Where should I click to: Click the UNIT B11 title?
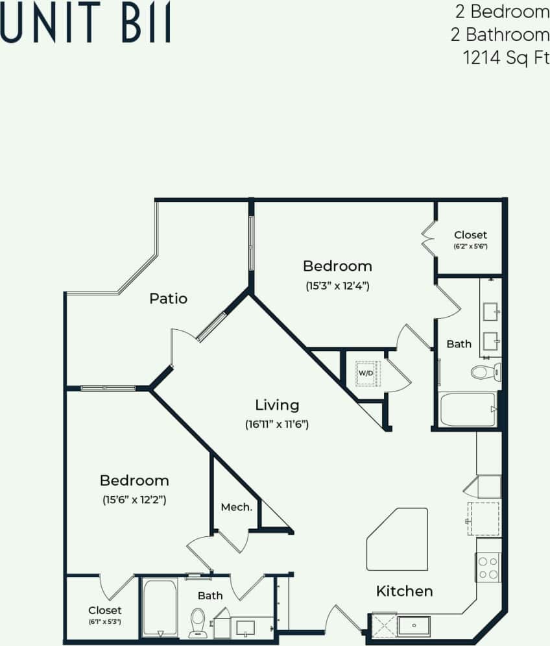click(x=86, y=25)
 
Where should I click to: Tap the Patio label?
click(x=168, y=298)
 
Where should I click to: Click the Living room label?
click(x=277, y=405)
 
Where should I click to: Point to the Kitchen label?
click(x=404, y=591)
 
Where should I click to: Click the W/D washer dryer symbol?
click(x=366, y=373)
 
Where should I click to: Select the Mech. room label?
click(x=236, y=507)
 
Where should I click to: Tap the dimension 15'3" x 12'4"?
click(x=337, y=285)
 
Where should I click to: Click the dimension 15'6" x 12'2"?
click(x=134, y=499)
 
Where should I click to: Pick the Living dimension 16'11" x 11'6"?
click(x=277, y=425)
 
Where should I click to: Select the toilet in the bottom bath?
click(x=197, y=623)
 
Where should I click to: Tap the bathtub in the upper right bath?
click(x=468, y=410)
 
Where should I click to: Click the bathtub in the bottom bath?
click(x=159, y=608)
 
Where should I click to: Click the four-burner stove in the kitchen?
click(x=488, y=567)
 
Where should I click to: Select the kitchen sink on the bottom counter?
click(x=413, y=626)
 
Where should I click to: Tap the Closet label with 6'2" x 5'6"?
click(x=470, y=235)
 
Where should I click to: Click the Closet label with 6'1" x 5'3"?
click(x=104, y=610)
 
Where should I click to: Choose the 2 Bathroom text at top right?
click(x=500, y=34)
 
